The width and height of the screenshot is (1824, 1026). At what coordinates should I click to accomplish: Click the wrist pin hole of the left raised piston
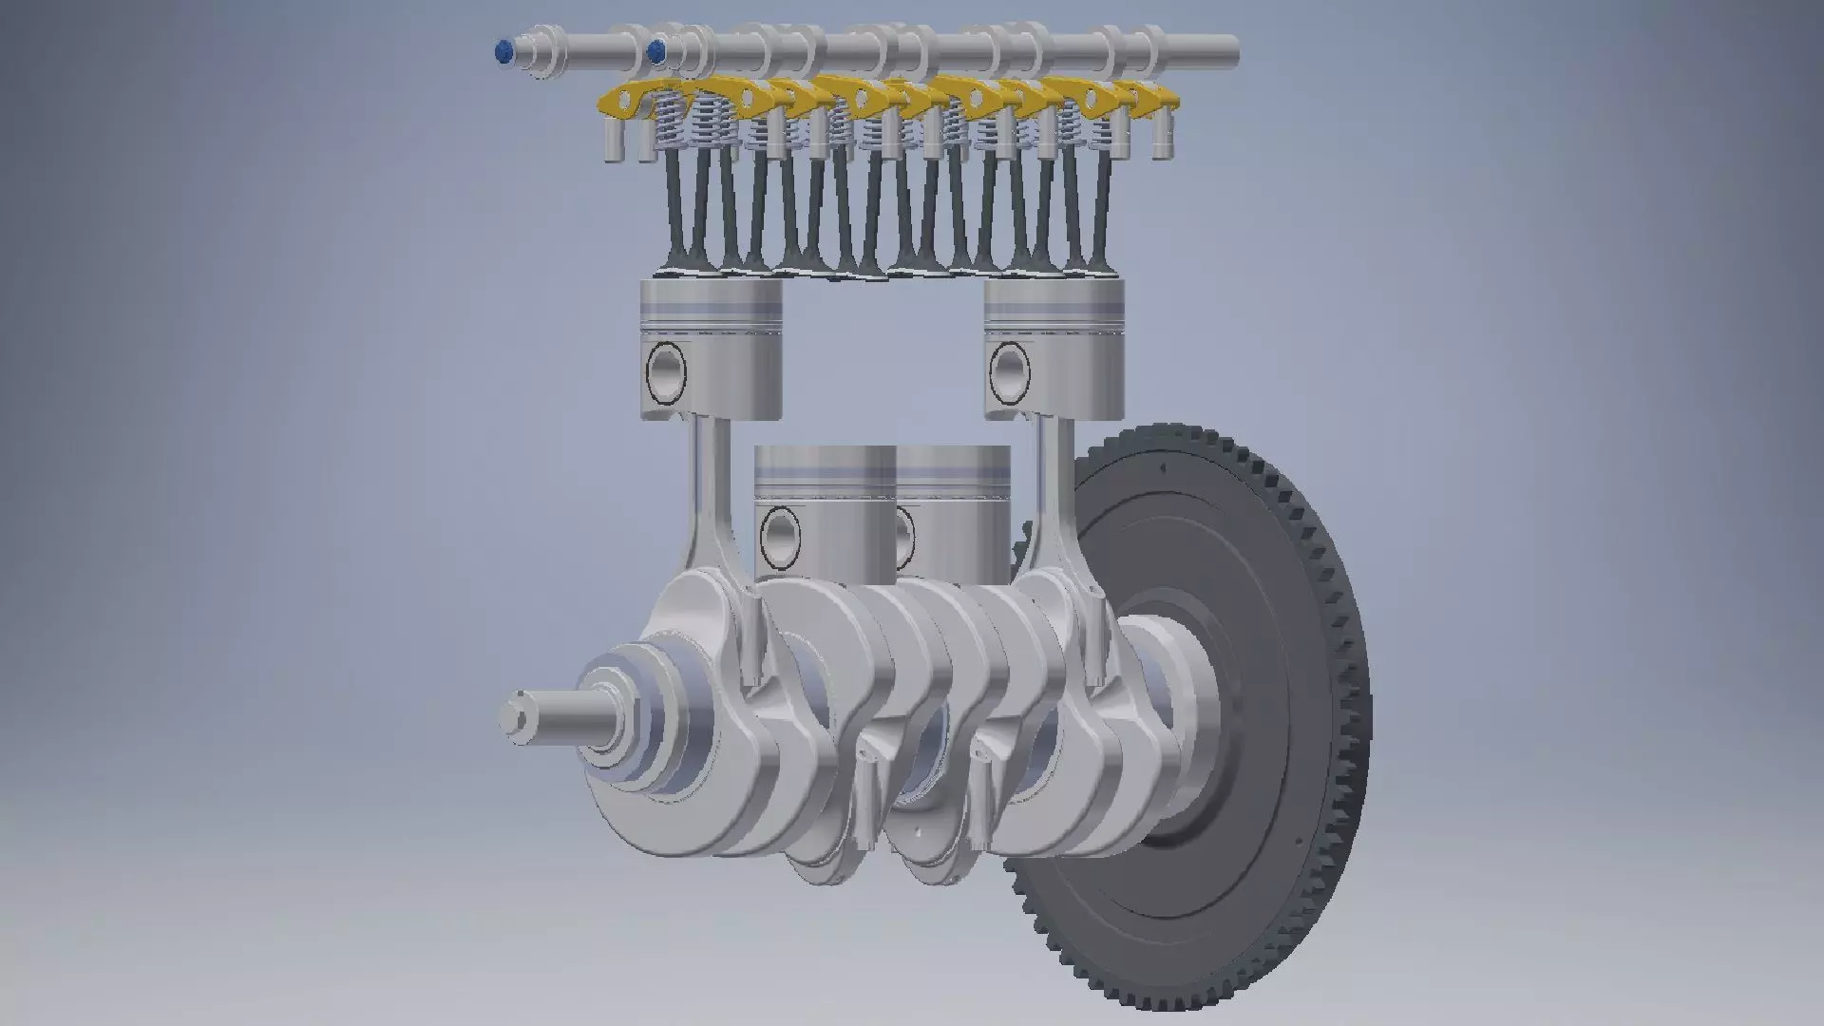[666, 370]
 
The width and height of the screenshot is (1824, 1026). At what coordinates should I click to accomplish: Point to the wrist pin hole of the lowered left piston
[781, 537]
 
